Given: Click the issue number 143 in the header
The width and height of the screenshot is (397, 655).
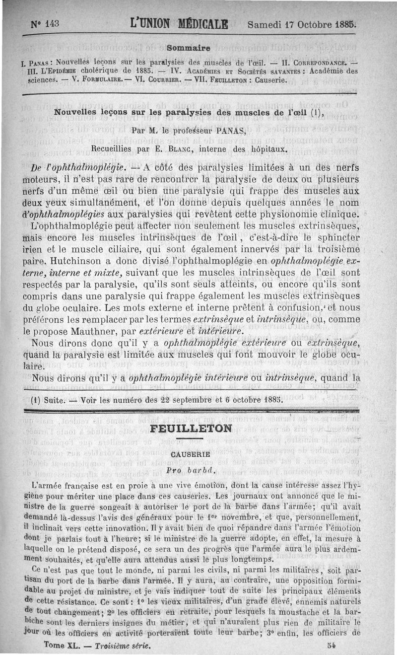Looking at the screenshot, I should pyautogui.click(x=52, y=23).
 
